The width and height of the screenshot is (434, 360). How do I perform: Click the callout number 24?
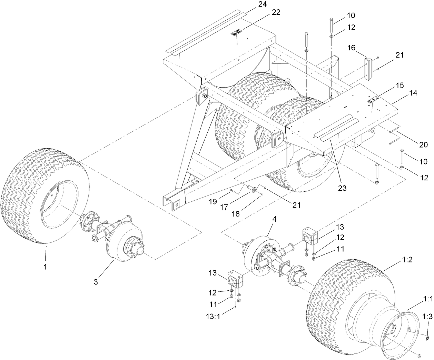pyautogui.click(x=263, y=4)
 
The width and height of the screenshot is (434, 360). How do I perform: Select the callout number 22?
pyautogui.click(x=276, y=12)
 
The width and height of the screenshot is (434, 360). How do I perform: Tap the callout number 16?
pyautogui.click(x=351, y=48)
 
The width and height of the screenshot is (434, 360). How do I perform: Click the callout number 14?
pyautogui.click(x=413, y=93)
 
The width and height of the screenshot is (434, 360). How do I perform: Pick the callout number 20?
pyautogui.click(x=423, y=145)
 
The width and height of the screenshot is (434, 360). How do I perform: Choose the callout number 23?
pyautogui.click(x=343, y=188)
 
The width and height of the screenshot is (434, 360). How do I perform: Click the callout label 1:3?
pyautogui.click(x=428, y=317)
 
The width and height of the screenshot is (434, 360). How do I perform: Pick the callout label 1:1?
pyautogui.click(x=428, y=299)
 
